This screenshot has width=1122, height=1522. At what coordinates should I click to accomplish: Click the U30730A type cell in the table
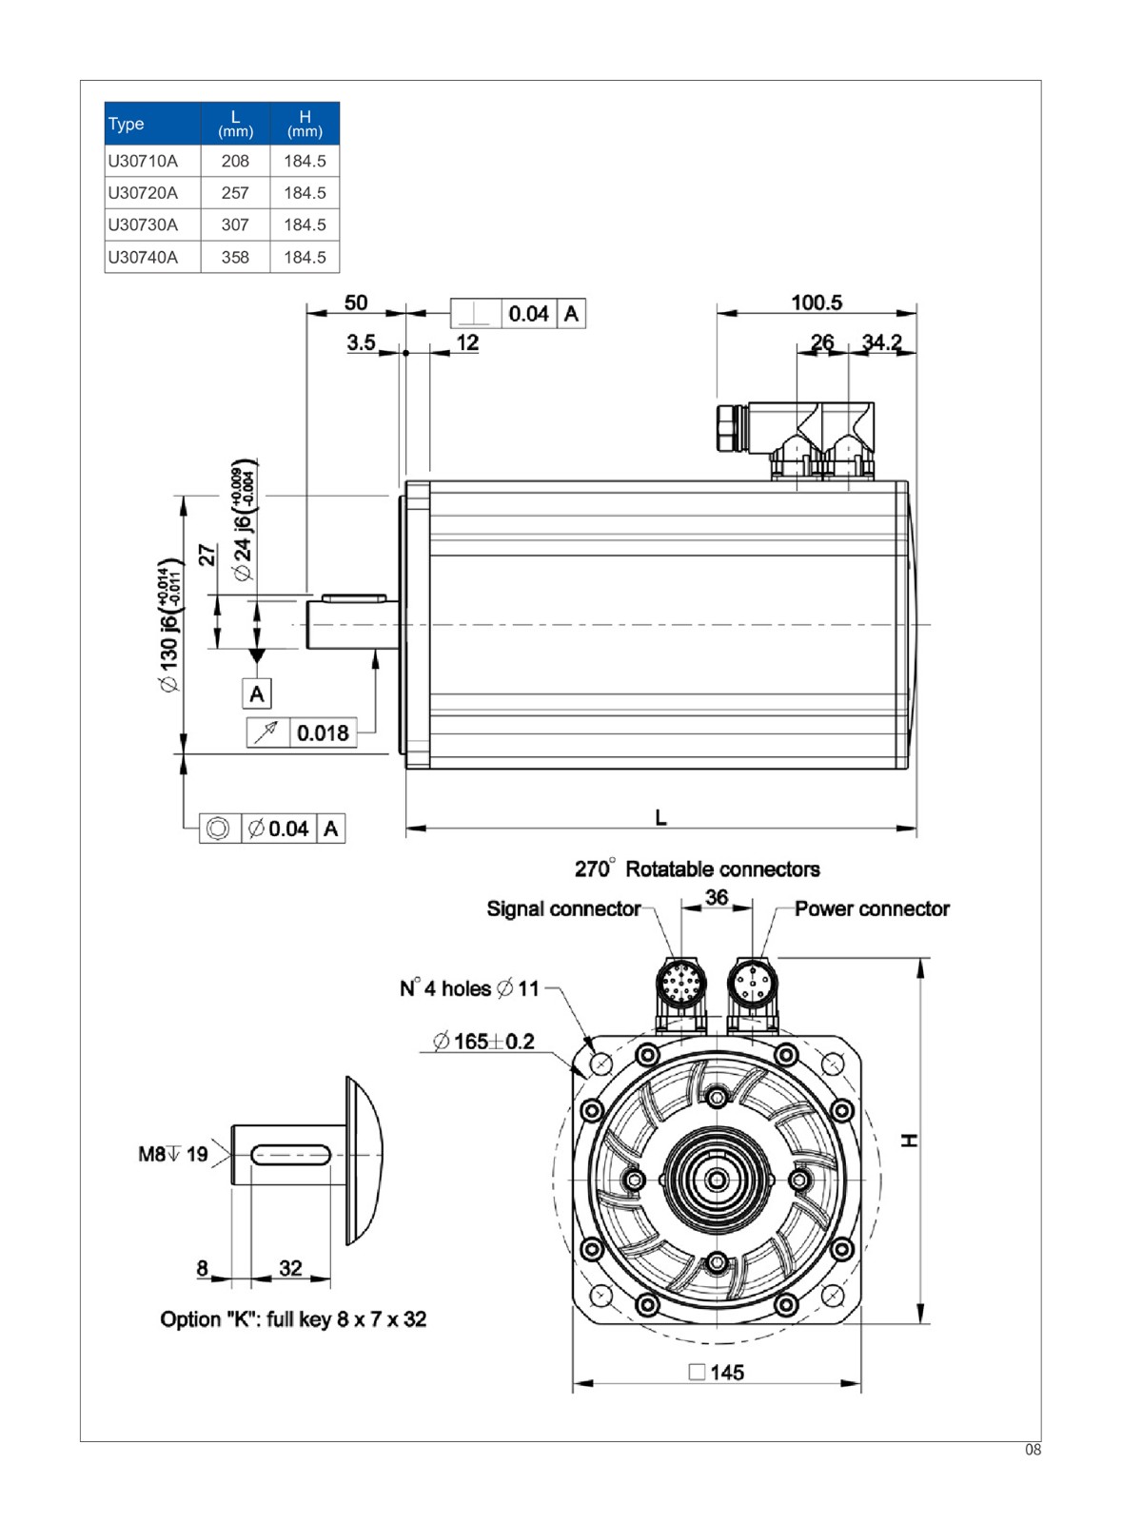click(x=143, y=225)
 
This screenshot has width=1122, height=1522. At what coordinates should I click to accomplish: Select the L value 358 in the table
click(x=235, y=258)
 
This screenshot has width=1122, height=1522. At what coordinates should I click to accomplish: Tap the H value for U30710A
click(x=305, y=162)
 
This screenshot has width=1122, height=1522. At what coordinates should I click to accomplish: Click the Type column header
click(x=127, y=124)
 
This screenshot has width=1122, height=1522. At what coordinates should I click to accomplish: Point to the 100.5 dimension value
click(x=817, y=302)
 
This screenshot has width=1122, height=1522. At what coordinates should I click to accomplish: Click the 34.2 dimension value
click(x=881, y=341)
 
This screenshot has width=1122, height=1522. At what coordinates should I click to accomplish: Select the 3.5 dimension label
click(x=361, y=342)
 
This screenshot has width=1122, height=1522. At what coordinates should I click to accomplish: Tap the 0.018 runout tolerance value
click(x=323, y=733)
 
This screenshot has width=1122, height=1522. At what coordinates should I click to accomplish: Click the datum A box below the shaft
click(x=257, y=694)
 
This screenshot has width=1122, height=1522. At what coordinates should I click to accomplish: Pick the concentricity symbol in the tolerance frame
click(x=218, y=829)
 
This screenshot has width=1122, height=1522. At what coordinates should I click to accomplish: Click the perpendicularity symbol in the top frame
click(x=475, y=314)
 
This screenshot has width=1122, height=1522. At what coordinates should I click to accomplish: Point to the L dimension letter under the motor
click(x=660, y=817)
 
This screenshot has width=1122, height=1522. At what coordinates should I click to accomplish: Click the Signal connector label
click(x=563, y=909)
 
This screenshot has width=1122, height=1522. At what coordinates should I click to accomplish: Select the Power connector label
click(x=872, y=909)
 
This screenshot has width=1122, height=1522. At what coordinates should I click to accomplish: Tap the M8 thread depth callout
click(x=173, y=1155)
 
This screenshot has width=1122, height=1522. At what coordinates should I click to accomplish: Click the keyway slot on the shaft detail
click(x=291, y=1155)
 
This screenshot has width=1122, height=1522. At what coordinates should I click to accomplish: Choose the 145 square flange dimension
click(x=717, y=1373)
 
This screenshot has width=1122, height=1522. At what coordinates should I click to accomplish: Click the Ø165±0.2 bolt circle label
click(x=483, y=1042)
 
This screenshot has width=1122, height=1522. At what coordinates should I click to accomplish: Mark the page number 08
click(x=1033, y=1451)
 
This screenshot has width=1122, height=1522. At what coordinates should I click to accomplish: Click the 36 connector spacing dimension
click(x=717, y=897)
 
